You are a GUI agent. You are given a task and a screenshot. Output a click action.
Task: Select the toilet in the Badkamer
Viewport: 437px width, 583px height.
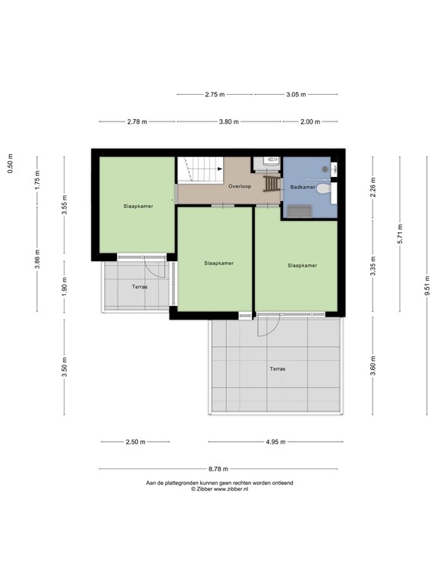[x=325, y=189]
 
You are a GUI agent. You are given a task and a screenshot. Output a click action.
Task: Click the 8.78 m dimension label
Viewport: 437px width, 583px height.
[x=222, y=469]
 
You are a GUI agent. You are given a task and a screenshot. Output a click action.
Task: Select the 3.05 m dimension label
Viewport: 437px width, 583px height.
[x=295, y=95]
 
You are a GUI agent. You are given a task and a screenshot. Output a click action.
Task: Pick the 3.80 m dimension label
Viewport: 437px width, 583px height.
[x=228, y=121]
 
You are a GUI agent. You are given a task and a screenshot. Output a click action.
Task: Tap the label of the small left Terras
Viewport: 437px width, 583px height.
[x=139, y=288]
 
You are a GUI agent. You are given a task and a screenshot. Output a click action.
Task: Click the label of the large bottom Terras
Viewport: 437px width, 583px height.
[x=278, y=369]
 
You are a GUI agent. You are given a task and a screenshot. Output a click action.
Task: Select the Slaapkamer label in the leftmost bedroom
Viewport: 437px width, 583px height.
[x=138, y=206]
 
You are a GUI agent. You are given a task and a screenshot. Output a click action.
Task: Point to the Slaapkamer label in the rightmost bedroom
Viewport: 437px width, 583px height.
[x=301, y=266]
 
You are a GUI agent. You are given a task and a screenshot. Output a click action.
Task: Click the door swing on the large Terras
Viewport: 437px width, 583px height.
[x=267, y=327]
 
